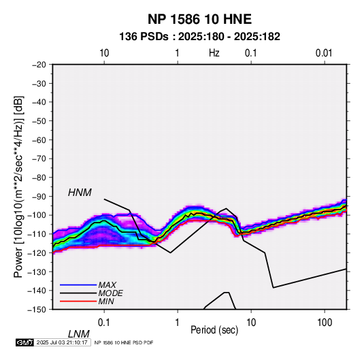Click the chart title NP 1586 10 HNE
pyautogui.click(x=199, y=19)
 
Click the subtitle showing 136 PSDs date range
pyautogui.click(x=199, y=37)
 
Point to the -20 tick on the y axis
pyautogui.click(x=39, y=65)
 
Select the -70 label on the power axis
pyautogui.click(x=39, y=159)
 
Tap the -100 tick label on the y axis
pyautogui.click(x=37, y=215)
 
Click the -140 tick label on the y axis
pyautogui.click(x=37, y=291)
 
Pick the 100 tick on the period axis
pyautogui.click(x=325, y=323)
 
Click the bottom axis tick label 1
pyautogui.click(x=178, y=323)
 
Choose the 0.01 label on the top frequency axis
pyautogui.click(x=324, y=53)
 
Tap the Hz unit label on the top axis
pyautogui.click(x=214, y=53)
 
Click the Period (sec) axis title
pyautogui.click(x=214, y=330)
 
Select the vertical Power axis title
pyautogui.click(x=18, y=187)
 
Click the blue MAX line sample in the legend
pyautogui.click(x=78, y=285)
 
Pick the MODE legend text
pyautogui.click(x=110, y=293)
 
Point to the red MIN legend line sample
pyautogui.click(x=78, y=301)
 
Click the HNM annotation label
pyautogui.click(x=80, y=193)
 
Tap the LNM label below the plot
pyautogui.click(x=78, y=334)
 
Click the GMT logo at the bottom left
pyautogui.click(x=25, y=342)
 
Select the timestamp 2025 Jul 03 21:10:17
pyautogui.click(x=62, y=342)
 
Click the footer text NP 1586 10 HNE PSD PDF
pyautogui.click(x=124, y=342)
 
